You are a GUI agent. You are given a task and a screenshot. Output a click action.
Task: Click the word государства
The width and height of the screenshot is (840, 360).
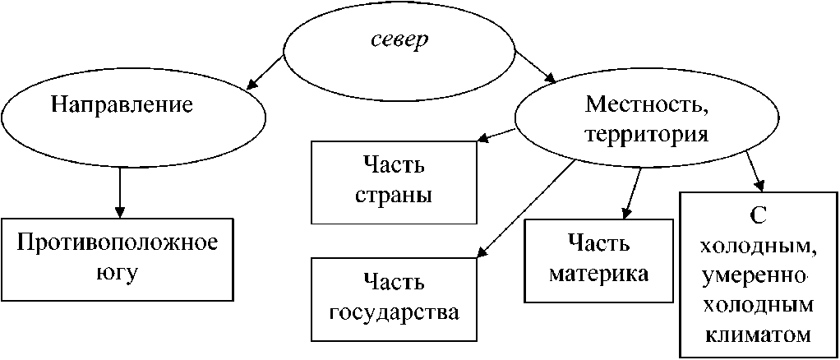pos(394,313)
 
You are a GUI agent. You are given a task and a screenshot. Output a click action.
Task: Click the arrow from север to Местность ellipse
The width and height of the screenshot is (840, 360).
pos(535,67)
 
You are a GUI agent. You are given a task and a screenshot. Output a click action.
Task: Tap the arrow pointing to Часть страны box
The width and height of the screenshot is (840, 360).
pos(498,134)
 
